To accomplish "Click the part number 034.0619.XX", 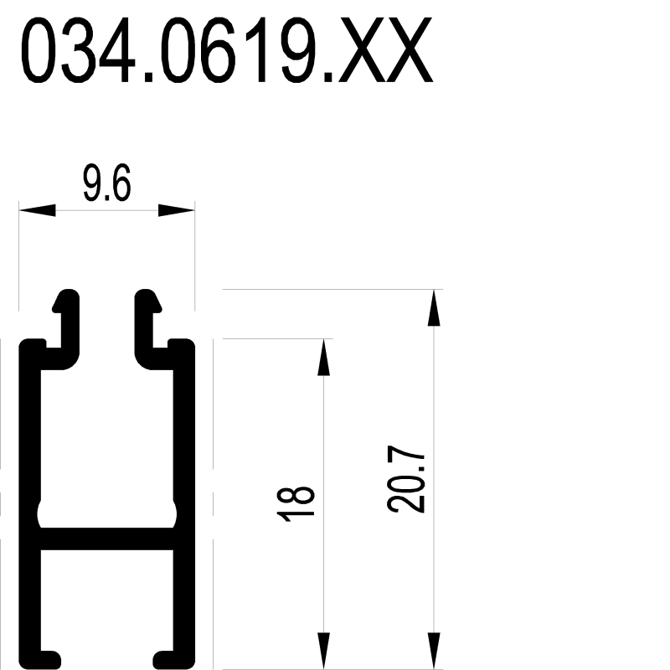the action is [226, 50].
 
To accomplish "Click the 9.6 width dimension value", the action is [106, 183].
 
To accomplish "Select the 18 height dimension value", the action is [296, 504].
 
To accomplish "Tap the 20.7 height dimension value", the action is [406, 479].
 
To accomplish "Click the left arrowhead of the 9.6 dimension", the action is [37, 210].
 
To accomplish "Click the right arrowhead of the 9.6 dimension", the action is [177, 210].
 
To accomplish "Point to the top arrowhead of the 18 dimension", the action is [324, 358].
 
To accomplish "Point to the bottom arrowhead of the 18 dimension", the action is [324, 651].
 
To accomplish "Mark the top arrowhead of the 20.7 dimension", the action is [434, 307].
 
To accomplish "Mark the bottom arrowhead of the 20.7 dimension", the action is [434, 651].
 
